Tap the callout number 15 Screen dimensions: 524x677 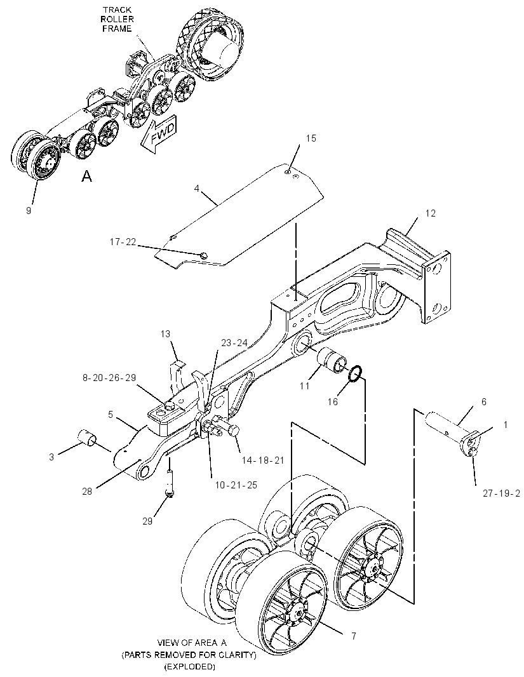pyautogui.click(x=311, y=138)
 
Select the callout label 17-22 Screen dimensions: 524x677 pyautogui.click(x=123, y=242)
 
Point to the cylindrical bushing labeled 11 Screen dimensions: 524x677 pyautogui.click(x=332, y=359)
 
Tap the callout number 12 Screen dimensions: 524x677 pyautogui.click(x=431, y=213)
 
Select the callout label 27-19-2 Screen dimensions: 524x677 pyautogui.click(x=501, y=493)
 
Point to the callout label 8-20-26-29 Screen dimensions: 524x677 pyautogui.click(x=109, y=378)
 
